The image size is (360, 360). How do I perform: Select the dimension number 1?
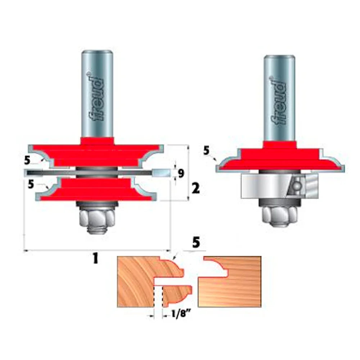[95, 258]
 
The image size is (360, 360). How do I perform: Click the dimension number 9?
[181, 174]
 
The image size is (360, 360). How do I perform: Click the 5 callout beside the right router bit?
[206, 150]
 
